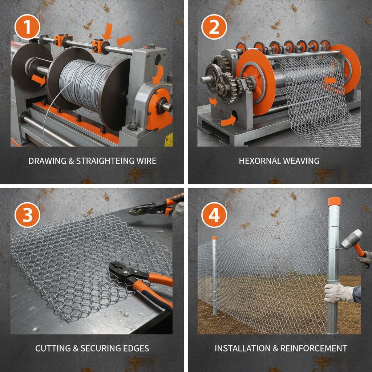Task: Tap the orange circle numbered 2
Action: click(214, 27)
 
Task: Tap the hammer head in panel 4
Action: click(351, 239)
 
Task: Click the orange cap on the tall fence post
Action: click(333, 201)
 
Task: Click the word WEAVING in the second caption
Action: click(302, 161)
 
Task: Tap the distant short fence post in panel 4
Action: click(214, 276)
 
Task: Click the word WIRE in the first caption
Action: click(147, 161)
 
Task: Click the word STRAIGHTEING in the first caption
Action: click(104, 161)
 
